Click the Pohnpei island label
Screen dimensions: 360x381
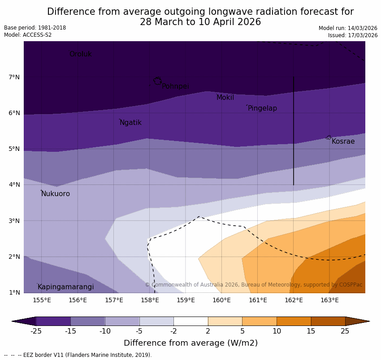(x=175, y=86)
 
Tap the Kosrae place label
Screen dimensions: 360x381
(x=343, y=141)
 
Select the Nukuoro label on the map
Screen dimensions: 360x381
(x=56, y=194)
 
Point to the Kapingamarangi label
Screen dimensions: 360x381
(x=65, y=287)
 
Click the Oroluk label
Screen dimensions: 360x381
(x=80, y=54)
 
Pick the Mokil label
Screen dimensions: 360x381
(x=225, y=98)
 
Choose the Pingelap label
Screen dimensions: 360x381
(x=262, y=108)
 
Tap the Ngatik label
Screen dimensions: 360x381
(x=130, y=123)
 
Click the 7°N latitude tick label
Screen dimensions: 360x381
(x=14, y=77)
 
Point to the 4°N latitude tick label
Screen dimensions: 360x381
(x=14, y=185)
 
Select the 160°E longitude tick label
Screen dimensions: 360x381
(x=221, y=300)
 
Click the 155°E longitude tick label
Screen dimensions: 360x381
(x=42, y=300)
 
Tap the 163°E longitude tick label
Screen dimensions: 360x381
(x=329, y=300)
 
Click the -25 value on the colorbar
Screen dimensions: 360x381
(x=36, y=331)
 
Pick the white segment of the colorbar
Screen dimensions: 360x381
(x=190, y=321)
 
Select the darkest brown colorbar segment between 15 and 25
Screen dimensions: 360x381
(x=328, y=321)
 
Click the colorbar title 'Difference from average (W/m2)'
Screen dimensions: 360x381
(x=190, y=343)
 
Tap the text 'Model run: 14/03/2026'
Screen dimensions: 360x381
(x=348, y=28)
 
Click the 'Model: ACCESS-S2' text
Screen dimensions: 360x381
(x=28, y=35)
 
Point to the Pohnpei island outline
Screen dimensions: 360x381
(x=157, y=81)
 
